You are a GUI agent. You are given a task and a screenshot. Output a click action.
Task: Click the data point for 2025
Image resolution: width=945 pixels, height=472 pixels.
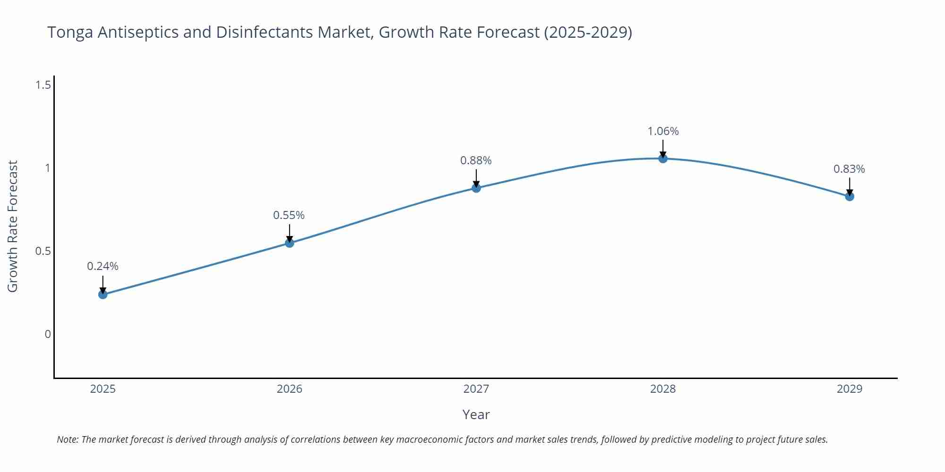coord(103,295)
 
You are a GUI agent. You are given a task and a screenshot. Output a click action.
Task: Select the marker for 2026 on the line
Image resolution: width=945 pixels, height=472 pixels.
coord(290,243)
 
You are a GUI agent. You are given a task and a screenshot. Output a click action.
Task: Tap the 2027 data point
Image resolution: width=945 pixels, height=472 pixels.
coord(476,188)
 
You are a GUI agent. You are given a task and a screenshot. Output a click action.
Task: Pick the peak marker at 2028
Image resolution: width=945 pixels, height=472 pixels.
coord(663,159)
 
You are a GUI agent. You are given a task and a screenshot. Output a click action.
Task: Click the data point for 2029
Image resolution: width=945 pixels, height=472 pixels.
coord(850,196)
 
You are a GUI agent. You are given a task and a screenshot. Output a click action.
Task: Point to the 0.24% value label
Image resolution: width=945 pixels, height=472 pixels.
coord(103,266)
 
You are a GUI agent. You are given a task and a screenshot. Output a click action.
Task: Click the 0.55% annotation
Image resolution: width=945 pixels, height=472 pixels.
coord(289,215)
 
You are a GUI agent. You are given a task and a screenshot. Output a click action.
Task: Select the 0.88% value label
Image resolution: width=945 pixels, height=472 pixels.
coord(476,160)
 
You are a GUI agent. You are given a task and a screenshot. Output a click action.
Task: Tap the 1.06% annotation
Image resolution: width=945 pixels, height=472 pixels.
coord(663,131)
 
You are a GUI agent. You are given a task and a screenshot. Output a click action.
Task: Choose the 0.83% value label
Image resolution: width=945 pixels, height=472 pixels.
coord(849,169)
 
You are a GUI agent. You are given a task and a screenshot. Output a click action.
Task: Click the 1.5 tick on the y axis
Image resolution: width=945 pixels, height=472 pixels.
coord(43,85)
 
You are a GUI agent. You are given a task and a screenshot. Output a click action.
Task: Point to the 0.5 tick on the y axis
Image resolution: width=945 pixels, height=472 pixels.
coord(43,251)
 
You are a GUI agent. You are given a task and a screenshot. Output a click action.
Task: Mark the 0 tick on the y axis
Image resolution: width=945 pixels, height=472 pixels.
coord(48,334)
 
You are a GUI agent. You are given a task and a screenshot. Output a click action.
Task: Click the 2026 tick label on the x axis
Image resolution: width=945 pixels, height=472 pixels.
coord(289,389)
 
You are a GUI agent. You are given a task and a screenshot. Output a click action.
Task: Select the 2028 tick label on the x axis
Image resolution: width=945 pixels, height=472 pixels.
coord(663,389)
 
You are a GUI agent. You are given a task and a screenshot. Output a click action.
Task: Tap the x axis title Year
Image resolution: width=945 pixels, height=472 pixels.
coord(476,414)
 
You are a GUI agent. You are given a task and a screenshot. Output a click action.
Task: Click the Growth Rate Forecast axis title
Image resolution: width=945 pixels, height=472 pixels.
coord(13,226)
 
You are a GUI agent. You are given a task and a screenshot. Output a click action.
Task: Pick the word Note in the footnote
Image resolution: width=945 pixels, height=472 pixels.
coord(67,439)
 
